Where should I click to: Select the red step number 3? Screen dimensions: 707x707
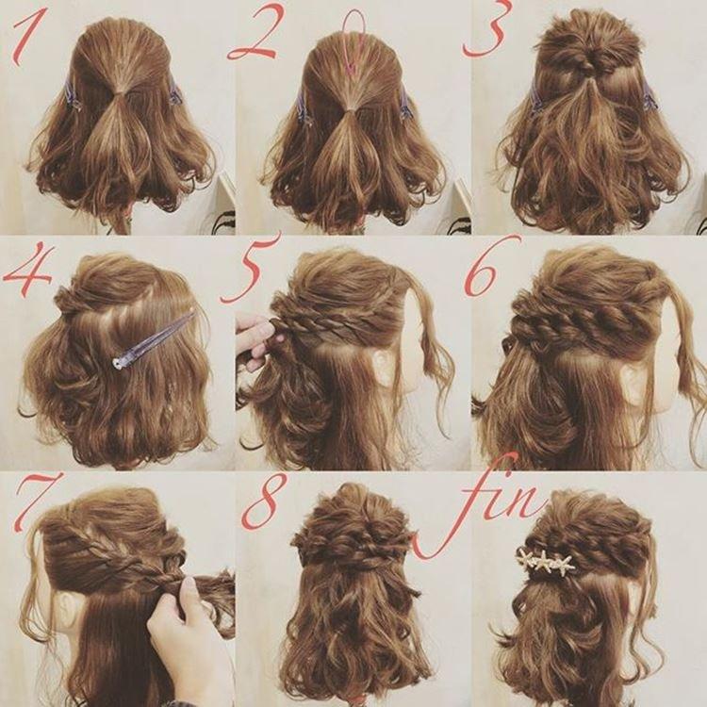click(485, 31)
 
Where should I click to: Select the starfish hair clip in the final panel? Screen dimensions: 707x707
click(547, 561)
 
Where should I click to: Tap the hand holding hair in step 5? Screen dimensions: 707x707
click(255, 339)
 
